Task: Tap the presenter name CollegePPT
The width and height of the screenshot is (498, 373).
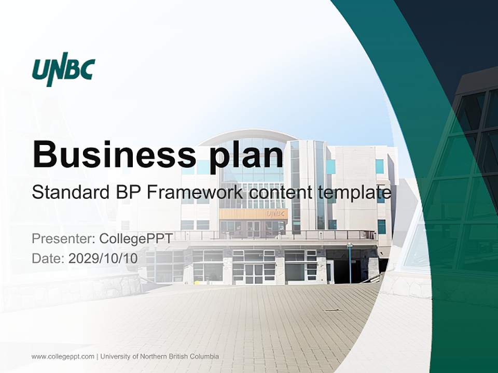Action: (136, 239)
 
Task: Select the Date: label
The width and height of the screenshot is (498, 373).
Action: (48, 259)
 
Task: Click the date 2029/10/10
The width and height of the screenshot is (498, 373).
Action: (103, 259)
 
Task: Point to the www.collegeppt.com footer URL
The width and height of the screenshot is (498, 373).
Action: (63, 356)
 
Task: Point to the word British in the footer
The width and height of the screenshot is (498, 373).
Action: (177, 356)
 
